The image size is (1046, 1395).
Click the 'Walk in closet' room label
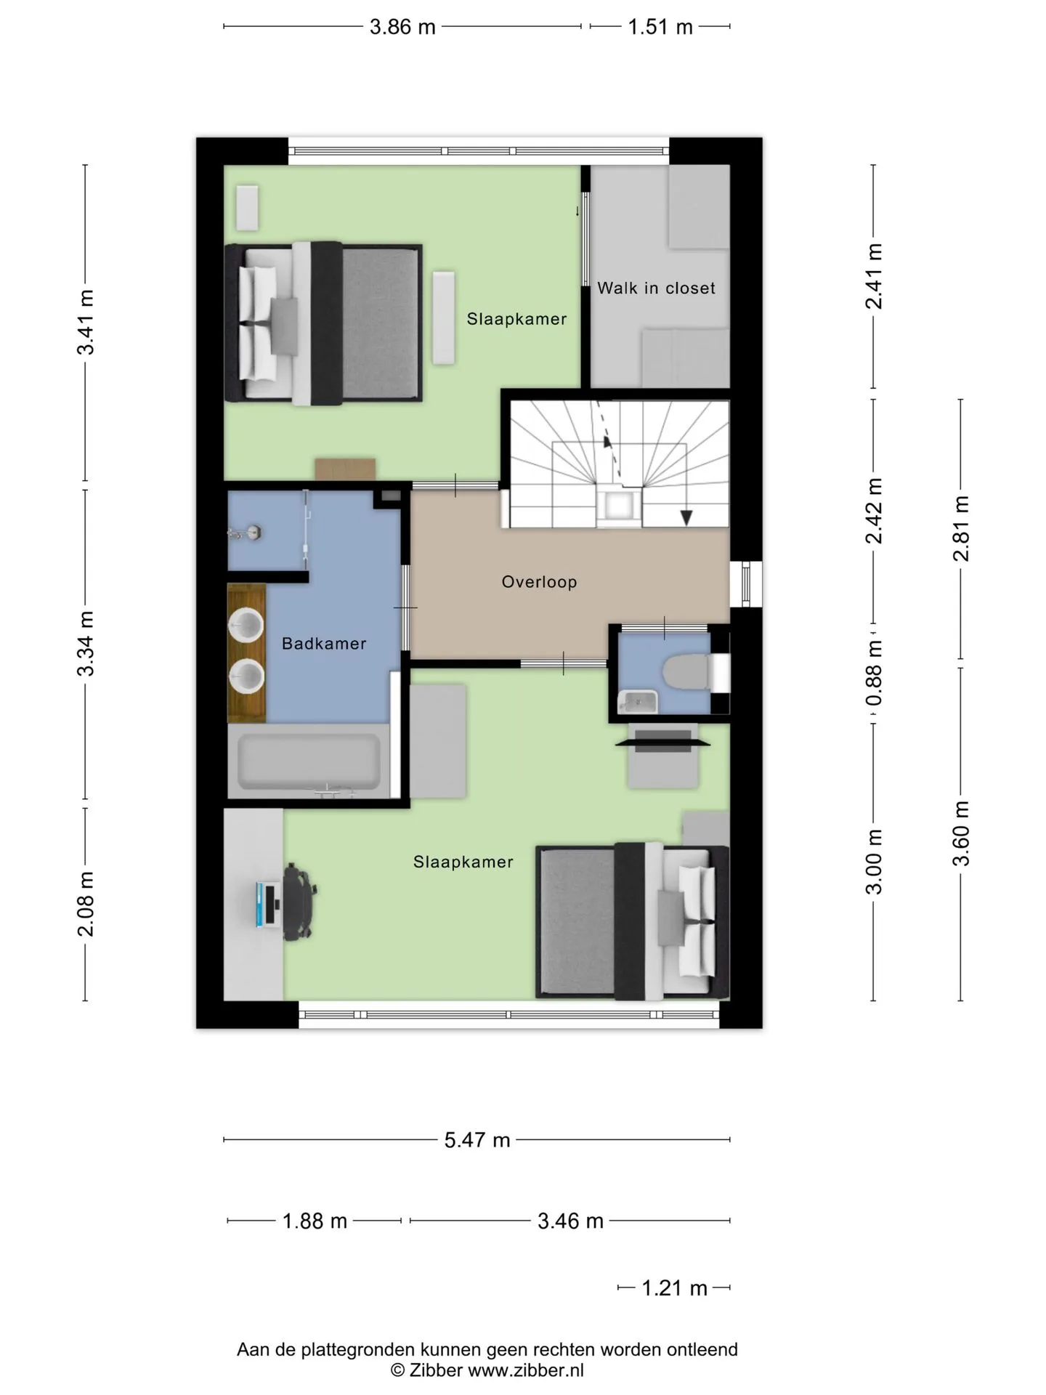click(x=656, y=288)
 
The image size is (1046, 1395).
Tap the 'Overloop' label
click(x=539, y=582)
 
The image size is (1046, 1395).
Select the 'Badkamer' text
click(x=324, y=644)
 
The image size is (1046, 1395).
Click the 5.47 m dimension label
click(x=477, y=1140)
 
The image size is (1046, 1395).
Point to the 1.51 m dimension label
click(x=660, y=27)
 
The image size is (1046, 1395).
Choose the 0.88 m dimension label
click(x=874, y=672)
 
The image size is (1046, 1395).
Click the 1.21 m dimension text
click(x=674, y=1288)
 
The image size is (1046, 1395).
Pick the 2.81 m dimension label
click(x=961, y=529)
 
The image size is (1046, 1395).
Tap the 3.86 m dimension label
click(x=402, y=27)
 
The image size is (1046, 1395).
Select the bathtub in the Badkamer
click(x=309, y=762)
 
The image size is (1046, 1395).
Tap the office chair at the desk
click(x=297, y=902)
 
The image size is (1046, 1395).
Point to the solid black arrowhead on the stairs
click(x=686, y=517)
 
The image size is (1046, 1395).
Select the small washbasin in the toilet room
click(x=638, y=702)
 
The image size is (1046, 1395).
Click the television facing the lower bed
click(x=662, y=742)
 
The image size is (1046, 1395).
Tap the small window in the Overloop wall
click(x=746, y=584)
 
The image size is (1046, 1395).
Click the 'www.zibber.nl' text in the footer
click(x=526, y=1370)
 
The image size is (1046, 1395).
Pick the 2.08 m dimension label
click(x=86, y=905)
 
